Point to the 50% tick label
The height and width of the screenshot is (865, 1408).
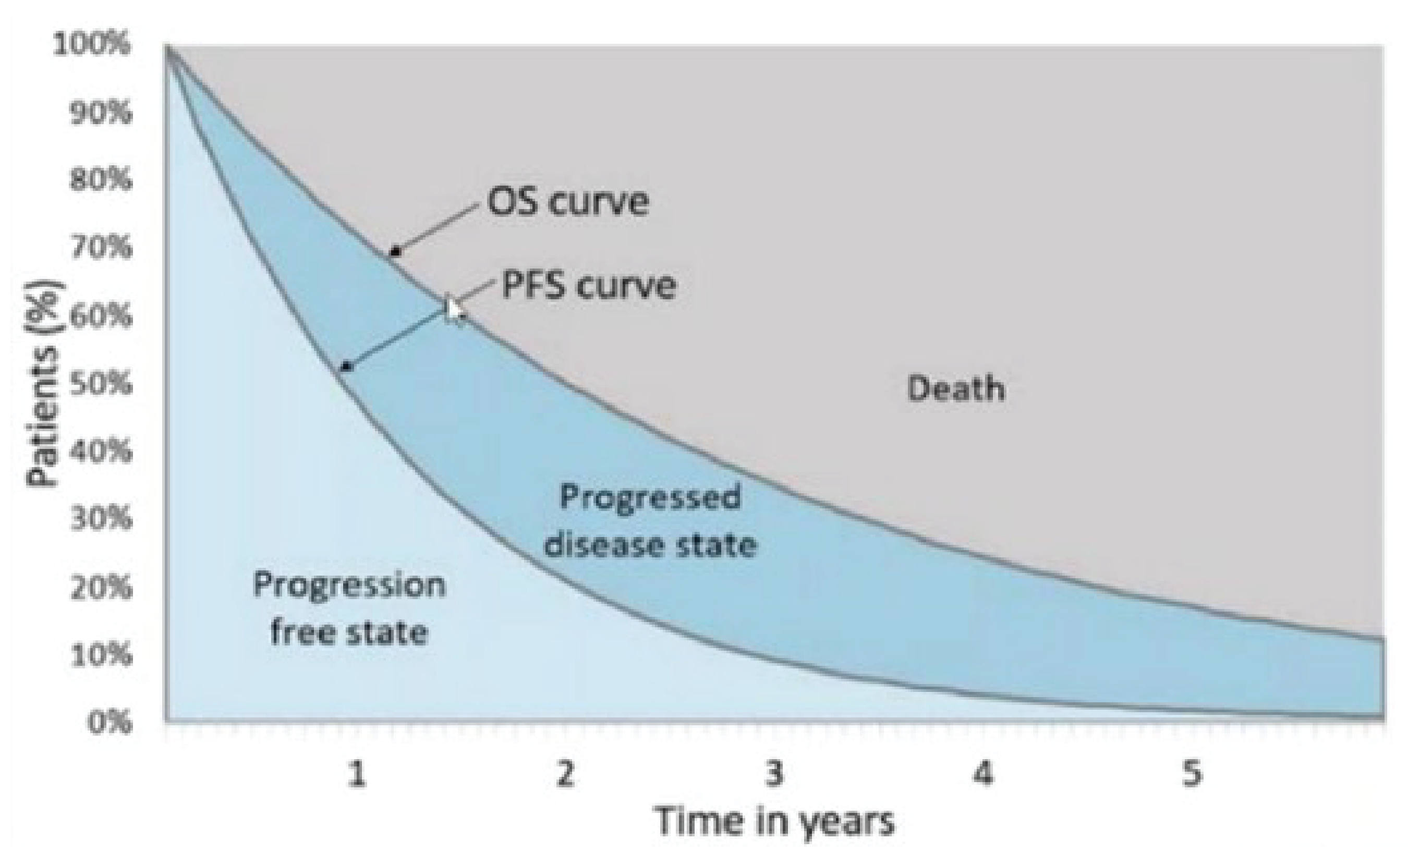101,383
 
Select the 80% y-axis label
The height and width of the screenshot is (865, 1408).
101,180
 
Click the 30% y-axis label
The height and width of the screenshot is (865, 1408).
101,519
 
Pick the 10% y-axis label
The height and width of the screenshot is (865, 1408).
101,654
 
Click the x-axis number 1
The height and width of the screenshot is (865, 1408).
357,775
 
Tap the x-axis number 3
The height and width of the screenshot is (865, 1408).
774,775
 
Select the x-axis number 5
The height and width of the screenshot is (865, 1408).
1192,775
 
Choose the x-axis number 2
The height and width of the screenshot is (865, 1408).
565,775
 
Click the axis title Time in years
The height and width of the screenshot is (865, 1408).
774,822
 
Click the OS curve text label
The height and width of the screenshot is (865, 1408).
567,201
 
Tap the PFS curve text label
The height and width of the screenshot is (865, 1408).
588,285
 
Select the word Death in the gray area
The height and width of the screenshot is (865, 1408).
955,389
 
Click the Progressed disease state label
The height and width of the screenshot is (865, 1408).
650,520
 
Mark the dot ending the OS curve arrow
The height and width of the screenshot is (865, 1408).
394,251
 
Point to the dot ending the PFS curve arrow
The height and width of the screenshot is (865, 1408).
346,367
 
